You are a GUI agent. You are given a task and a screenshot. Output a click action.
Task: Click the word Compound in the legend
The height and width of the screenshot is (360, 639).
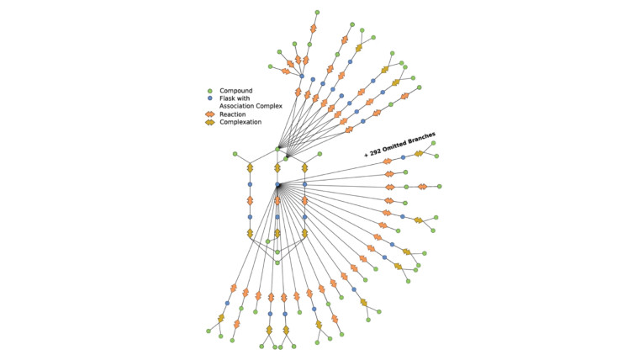(236, 91)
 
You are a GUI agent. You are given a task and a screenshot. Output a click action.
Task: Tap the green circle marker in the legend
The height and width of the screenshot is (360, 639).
(210, 91)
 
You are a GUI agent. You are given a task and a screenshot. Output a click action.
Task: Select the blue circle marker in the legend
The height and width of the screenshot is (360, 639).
(210, 98)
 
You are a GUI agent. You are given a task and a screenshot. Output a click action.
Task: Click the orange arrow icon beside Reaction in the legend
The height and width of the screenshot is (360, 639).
(210, 114)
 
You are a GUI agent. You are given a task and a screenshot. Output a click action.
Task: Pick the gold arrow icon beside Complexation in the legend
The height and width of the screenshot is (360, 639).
(210, 122)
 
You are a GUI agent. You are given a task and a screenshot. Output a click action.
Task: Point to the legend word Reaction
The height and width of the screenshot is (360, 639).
(233, 114)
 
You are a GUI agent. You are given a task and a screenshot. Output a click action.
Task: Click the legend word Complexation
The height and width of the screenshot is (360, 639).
(240, 122)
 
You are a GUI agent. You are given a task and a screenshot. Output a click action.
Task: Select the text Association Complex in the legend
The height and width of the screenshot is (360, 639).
(251, 106)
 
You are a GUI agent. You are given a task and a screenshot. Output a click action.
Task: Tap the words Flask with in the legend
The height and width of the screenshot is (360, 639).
(235, 98)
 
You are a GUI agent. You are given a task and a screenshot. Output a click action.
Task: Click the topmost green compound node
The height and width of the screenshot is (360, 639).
(317, 13)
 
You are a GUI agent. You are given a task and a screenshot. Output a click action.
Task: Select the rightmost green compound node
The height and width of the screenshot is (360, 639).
(439, 187)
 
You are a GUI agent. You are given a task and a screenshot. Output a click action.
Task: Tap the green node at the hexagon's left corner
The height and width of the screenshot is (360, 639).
(235, 154)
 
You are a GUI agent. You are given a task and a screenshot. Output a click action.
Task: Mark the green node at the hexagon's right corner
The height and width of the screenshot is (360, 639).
(319, 154)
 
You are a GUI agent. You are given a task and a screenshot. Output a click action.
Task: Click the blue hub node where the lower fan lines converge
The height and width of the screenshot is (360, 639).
(277, 185)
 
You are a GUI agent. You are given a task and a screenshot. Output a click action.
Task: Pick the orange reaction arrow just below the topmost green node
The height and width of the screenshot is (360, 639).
(313, 29)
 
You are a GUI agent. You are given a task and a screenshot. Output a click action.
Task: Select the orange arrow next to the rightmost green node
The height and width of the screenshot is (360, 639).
(423, 187)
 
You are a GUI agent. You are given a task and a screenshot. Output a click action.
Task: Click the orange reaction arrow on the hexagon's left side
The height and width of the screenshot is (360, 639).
(251, 200)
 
